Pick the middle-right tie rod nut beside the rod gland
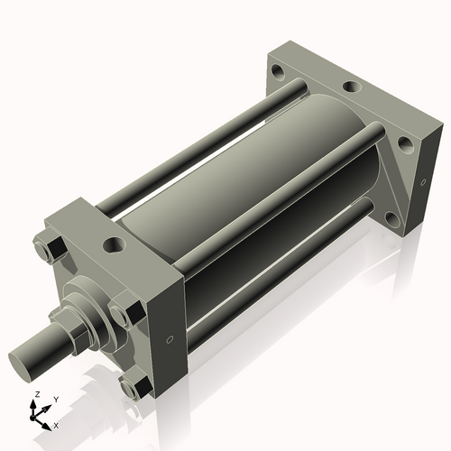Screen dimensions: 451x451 [x=122, y=315]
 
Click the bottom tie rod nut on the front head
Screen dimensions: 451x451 [x=133, y=389]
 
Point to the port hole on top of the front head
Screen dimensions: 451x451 [x=115, y=243]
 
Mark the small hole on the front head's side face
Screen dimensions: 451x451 [x=170, y=340]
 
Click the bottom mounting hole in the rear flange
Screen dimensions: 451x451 [x=390, y=217]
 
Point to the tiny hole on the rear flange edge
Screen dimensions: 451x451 [x=419, y=183]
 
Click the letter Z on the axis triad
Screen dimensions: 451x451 [x=36, y=395]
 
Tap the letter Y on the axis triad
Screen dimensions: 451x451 [x=55, y=398]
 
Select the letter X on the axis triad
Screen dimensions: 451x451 [x=57, y=424]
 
